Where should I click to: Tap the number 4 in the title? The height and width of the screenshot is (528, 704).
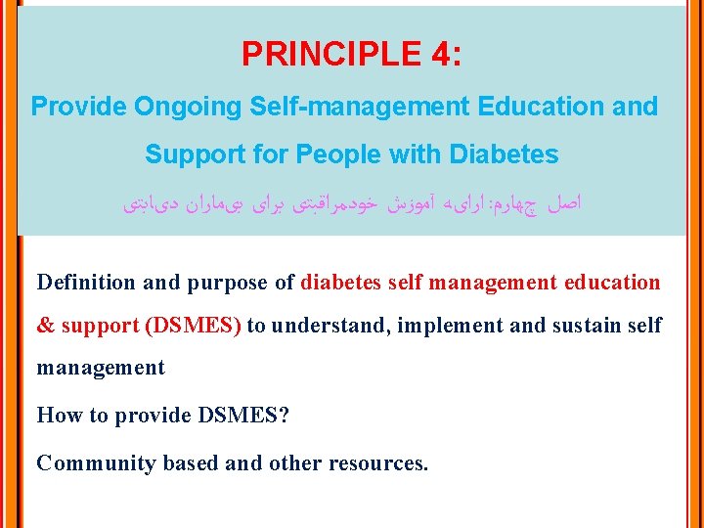438,54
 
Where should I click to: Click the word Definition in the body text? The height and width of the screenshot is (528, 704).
86,283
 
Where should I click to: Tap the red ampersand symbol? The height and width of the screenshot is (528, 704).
45,326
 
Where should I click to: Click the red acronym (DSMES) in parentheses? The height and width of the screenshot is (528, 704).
193,326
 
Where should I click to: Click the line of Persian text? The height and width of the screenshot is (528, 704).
352,204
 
